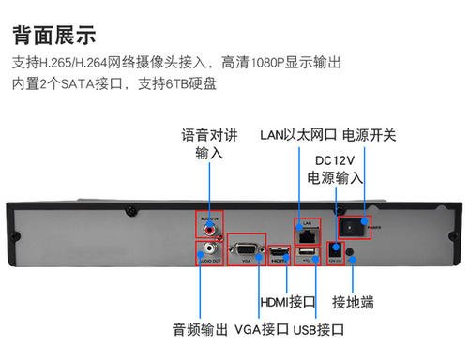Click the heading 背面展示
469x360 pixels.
[x=54, y=36]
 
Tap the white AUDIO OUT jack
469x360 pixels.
[x=207, y=250]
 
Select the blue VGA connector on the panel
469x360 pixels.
[x=246, y=249]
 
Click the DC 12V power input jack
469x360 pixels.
[x=334, y=250]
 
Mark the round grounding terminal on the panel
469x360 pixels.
[x=351, y=251]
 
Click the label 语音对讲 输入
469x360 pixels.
[x=209, y=142]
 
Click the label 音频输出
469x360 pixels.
[x=200, y=330]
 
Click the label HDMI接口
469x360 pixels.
[x=286, y=302]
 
